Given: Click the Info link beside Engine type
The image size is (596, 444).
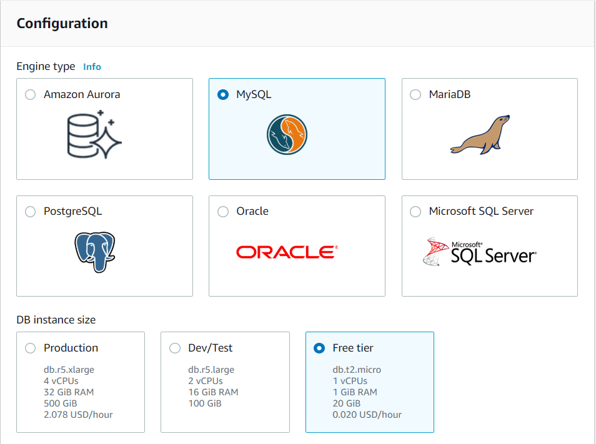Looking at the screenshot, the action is click(92, 67).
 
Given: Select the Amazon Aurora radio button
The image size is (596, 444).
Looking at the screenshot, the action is click(31, 94).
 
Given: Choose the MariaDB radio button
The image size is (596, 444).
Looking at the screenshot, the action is click(415, 94).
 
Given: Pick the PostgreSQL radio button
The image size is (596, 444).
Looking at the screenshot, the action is click(31, 211).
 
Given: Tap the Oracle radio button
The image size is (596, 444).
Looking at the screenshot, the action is click(223, 211).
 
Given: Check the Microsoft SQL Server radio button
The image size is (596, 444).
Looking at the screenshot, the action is click(415, 211).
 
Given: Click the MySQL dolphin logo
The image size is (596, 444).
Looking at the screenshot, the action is click(287, 134).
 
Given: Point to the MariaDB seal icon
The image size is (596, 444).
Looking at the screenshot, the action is click(480, 135).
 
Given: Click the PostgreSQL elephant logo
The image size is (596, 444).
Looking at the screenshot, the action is click(94, 252).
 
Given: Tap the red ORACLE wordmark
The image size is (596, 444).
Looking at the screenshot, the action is click(287, 252).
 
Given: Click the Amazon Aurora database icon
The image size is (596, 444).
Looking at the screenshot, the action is click(94, 134).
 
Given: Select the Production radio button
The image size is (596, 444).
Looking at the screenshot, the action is click(31, 348).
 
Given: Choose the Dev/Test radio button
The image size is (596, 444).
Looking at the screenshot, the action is click(175, 348).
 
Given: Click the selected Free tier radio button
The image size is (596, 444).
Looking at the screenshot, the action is click(319, 348).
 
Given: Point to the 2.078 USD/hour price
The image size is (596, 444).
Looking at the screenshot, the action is click(78, 415).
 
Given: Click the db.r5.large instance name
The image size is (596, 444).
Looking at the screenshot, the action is click(211, 370).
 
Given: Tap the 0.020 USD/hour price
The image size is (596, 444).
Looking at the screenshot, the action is click(367, 415).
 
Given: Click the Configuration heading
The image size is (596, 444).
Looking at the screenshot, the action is click(62, 24).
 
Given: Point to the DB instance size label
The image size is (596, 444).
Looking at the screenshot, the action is click(56, 320).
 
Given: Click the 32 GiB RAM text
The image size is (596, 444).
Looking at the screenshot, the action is click(69, 392).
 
